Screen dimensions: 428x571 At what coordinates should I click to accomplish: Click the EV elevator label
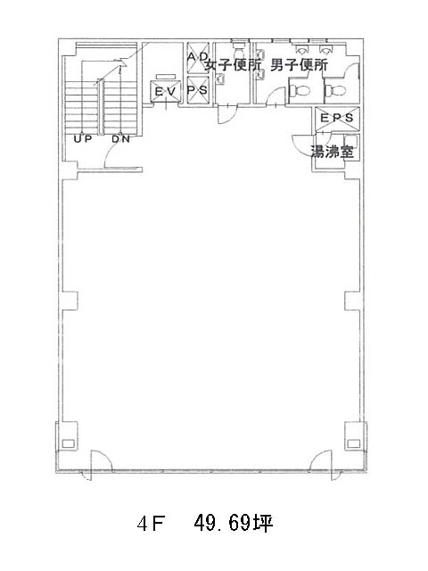pos(166,91)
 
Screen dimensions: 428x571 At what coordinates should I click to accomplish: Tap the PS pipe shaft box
pos(198,89)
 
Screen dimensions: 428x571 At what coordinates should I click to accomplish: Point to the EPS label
pos(337,118)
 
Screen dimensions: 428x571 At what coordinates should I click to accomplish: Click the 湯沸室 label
pos(332,152)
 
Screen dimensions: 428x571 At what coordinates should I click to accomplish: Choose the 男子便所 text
pos(300,65)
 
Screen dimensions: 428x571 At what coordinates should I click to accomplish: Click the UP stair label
pos(83,139)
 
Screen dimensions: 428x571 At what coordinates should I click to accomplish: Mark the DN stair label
pos(120,139)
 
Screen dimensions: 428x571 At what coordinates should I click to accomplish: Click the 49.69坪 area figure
pos(234,524)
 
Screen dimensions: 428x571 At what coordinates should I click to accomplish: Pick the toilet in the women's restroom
pos(239,47)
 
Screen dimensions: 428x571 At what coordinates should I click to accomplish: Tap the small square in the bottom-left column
pos(68,443)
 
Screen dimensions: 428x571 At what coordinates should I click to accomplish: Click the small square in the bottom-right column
pos(353,443)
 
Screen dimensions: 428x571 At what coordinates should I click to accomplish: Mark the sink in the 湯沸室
pos(351,141)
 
